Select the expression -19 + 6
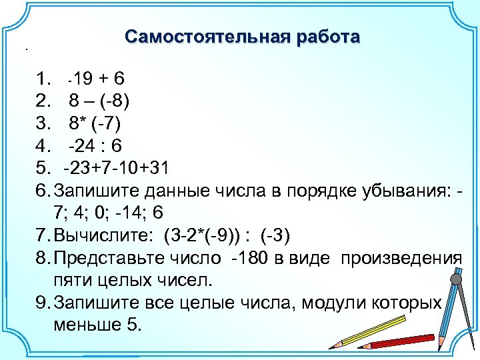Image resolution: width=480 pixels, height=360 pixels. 95,79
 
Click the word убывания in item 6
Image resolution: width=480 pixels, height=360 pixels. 410,190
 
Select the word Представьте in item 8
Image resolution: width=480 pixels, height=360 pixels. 107,257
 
